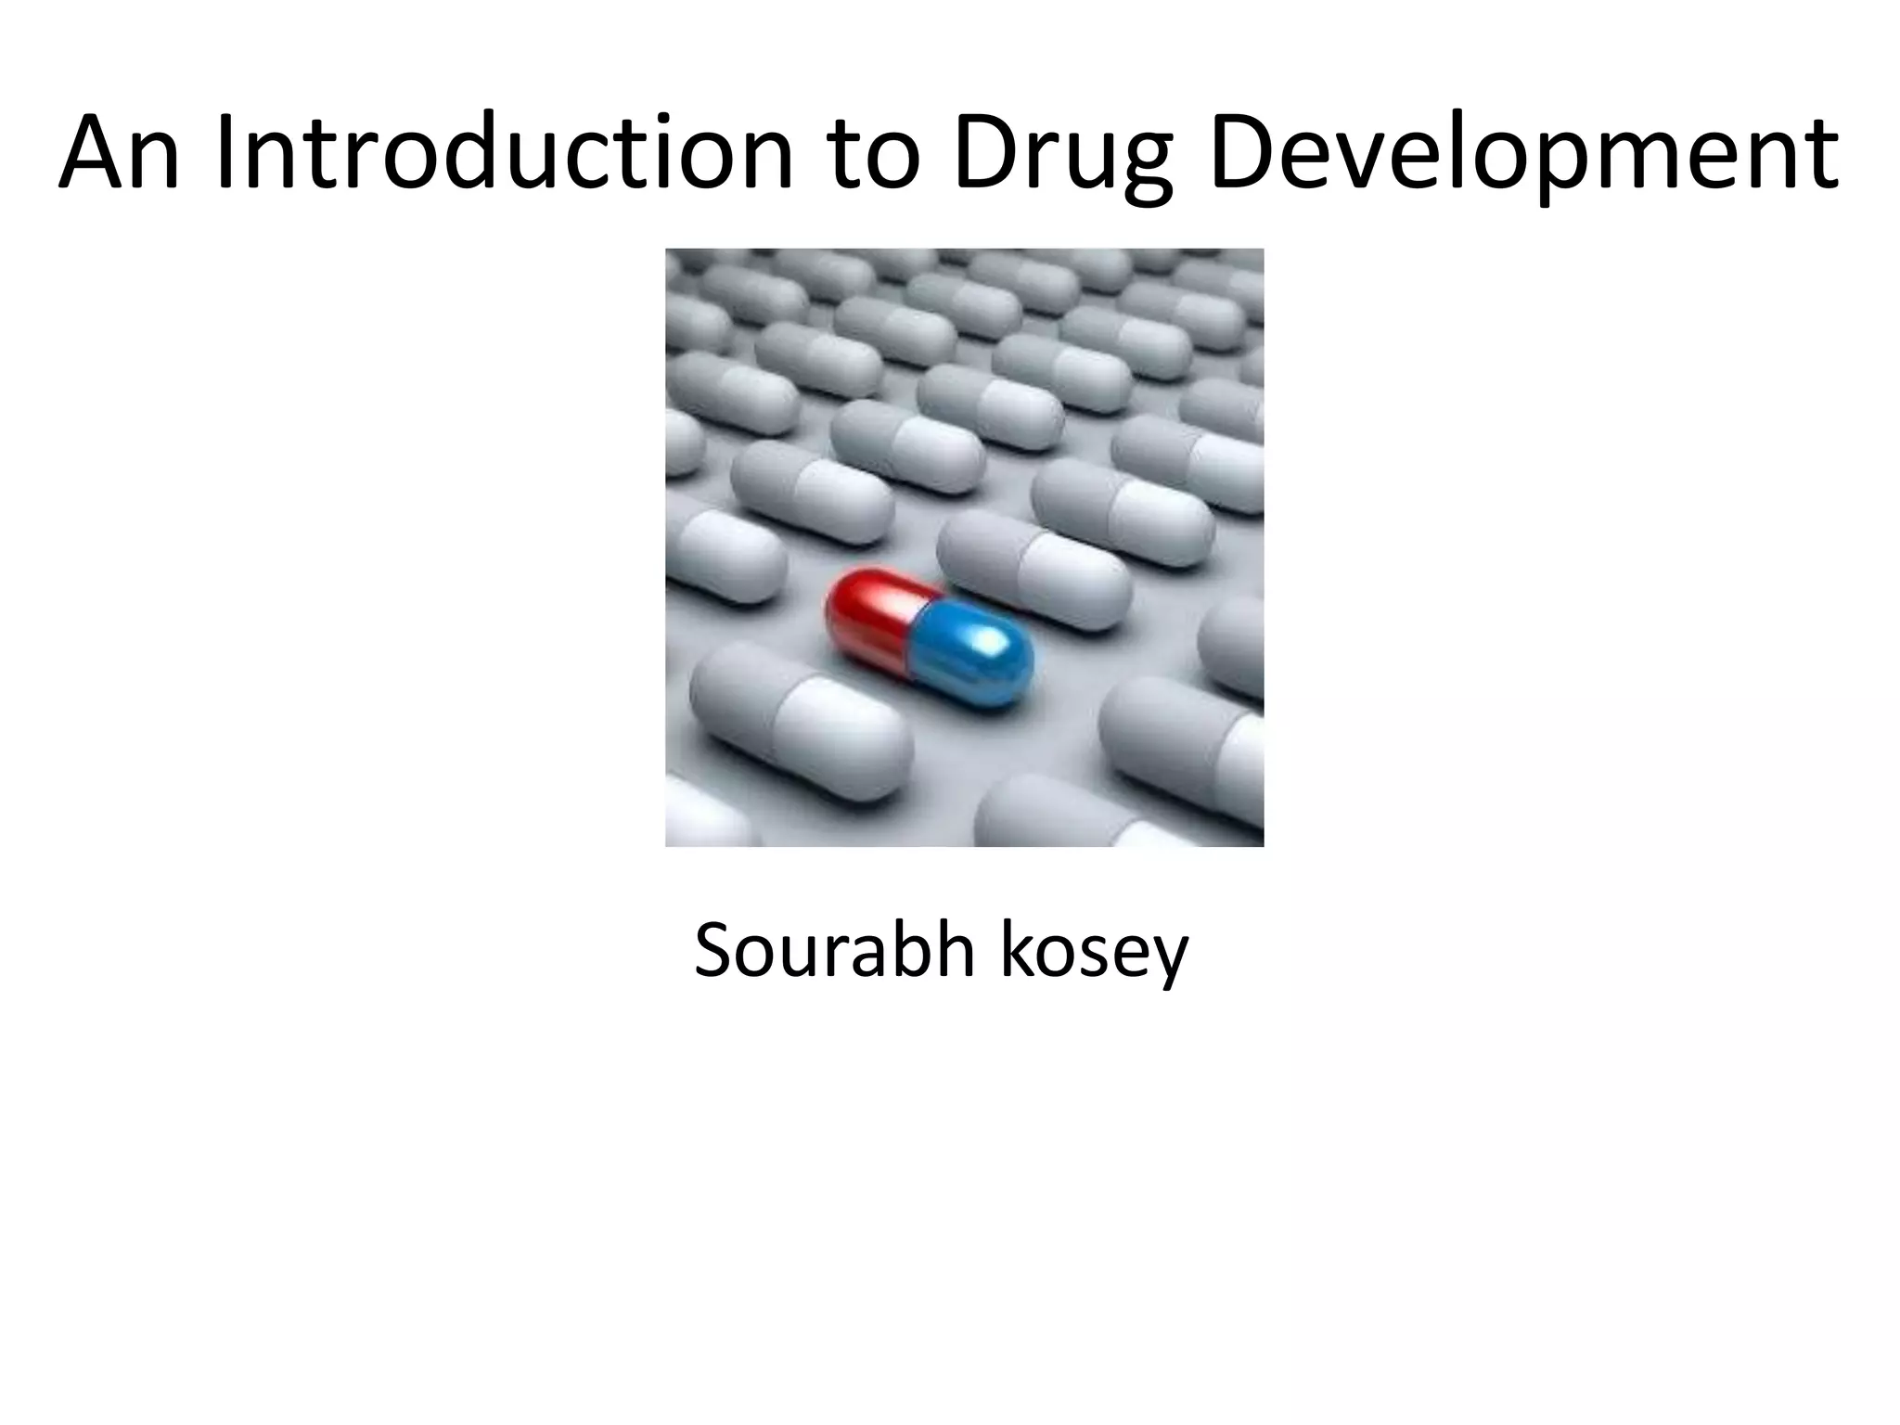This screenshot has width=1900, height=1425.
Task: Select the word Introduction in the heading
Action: [503, 153]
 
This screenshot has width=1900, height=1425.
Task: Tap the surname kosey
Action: [1094, 952]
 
